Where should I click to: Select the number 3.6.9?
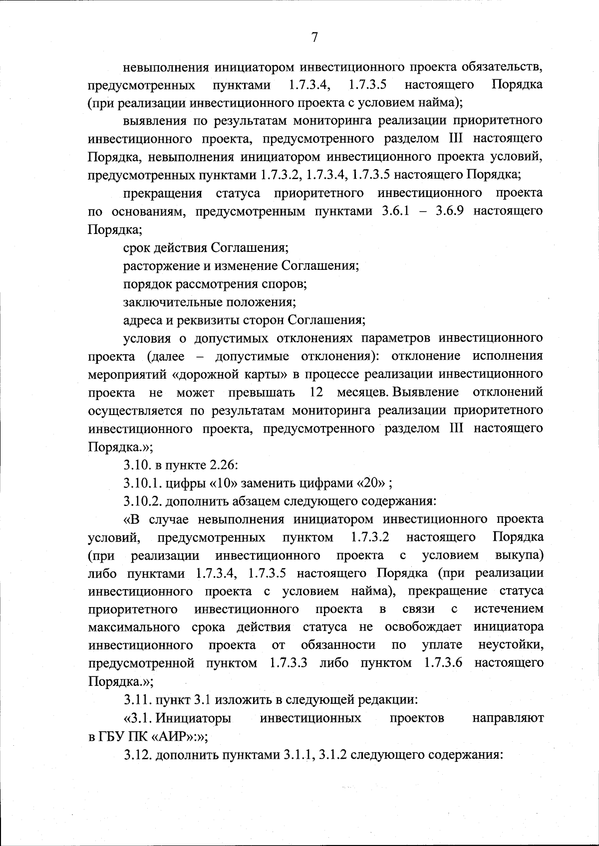point(452,211)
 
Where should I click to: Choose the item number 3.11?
point(137,699)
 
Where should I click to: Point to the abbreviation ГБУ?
point(109,736)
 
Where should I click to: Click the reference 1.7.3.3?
point(289,663)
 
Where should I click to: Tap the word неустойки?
point(511,645)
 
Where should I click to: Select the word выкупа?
point(519,555)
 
